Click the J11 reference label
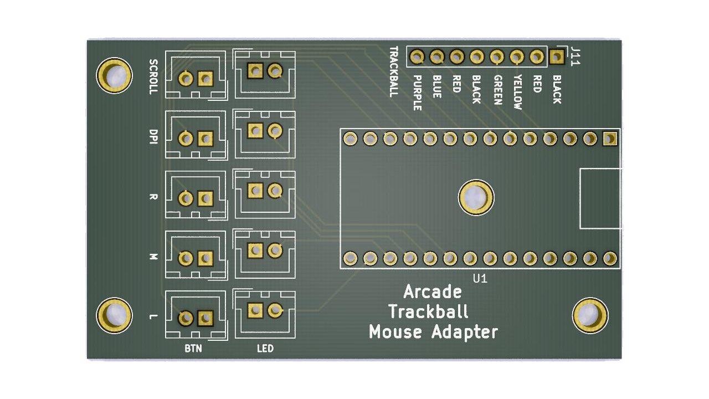pos(576,56)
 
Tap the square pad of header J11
pos(556,56)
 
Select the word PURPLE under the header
pos(418,93)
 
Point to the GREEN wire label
pos(497,90)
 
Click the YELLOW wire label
pos(517,92)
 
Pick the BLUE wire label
pos(437,87)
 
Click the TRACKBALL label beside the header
pos(394,71)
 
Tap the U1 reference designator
pos(480,279)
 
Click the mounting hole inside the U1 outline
pos(476,197)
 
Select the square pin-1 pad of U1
pos(609,139)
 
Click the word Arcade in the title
pos(433,291)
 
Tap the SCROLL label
pos(154,76)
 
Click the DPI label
pos(153,137)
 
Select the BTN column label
pos(193,349)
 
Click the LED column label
pos(265,349)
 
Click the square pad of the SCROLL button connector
pos(205,79)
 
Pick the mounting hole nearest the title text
pos(589,315)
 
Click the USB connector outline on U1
pos(600,198)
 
